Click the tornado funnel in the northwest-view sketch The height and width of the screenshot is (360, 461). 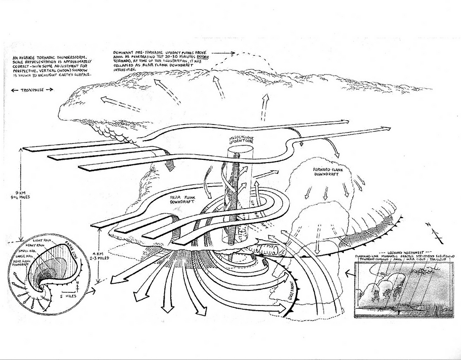click(398, 310)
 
